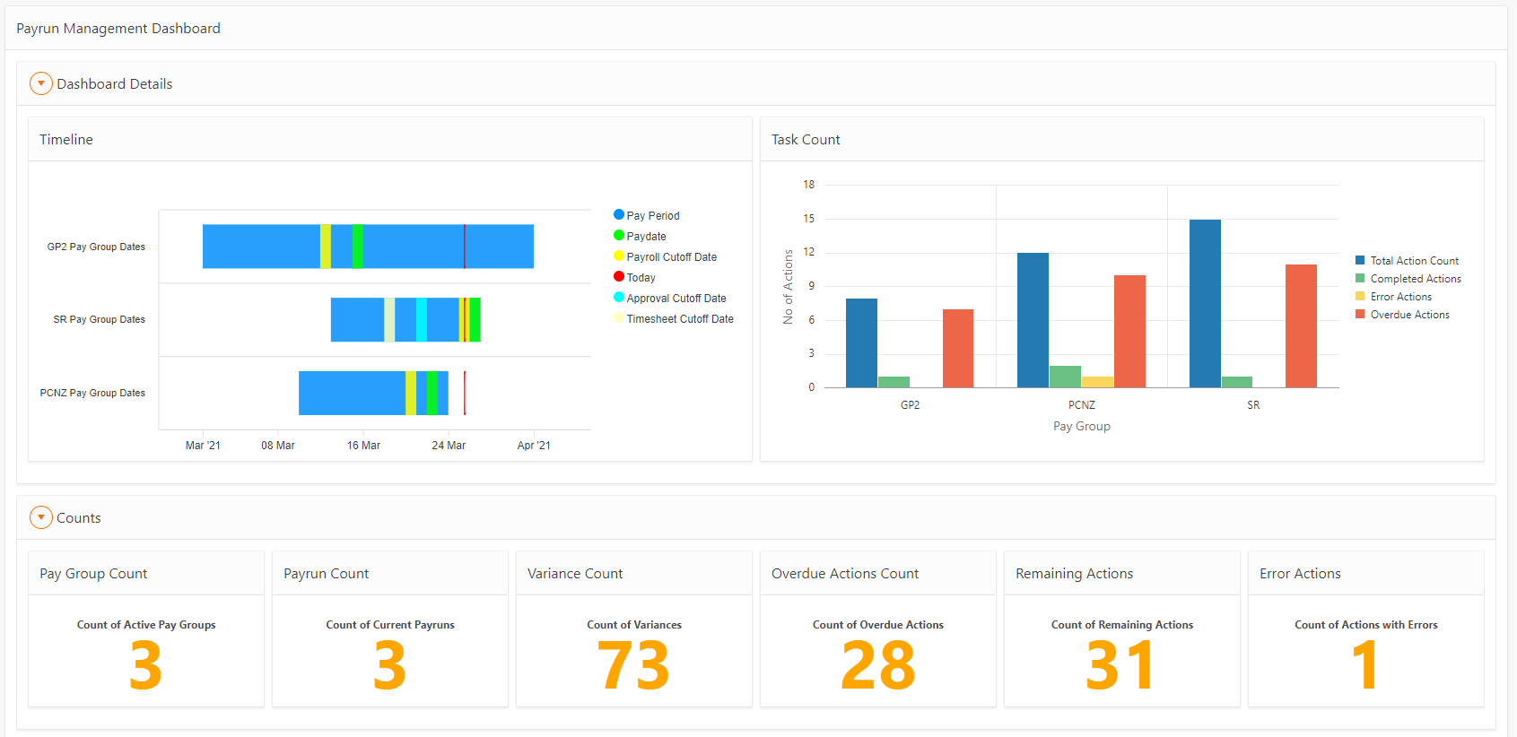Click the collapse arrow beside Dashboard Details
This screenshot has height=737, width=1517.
click(x=41, y=83)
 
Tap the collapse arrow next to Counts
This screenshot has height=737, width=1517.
click(x=41, y=517)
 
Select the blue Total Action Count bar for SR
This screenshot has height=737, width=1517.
click(x=1205, y=304)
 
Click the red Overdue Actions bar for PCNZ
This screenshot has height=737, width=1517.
click(x=1129, y=332)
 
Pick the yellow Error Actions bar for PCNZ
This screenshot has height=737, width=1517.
click(x=1097, y=382)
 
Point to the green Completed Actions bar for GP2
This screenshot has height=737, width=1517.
click(x=894, y=382)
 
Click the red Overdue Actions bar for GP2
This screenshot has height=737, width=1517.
click(x=958, y=349)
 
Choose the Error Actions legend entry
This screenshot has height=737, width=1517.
click(x=1400, y=297)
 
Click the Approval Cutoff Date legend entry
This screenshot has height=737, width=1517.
click(x=676, y=299)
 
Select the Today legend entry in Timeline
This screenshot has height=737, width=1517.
click(x=641, y=278)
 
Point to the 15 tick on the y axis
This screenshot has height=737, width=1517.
click(x=809, y=219)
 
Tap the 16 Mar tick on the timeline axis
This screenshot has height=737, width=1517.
click(x=363, y=446)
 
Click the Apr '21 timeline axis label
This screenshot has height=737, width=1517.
click(x=534, y=446)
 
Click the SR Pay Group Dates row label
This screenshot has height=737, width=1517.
click(x=99, y=320)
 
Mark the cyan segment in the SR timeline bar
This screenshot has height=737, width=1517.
click(x=422, y=320)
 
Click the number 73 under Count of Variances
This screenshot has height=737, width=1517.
click(x=633, y=666)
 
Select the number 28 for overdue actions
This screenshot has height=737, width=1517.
click(x=877, y=666)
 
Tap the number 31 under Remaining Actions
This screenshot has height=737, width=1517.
click(x=1121, y=666)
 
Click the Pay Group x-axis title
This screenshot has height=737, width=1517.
click(x=1081, y=427)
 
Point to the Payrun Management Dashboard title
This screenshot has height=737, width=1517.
click(x=118, y=29)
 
